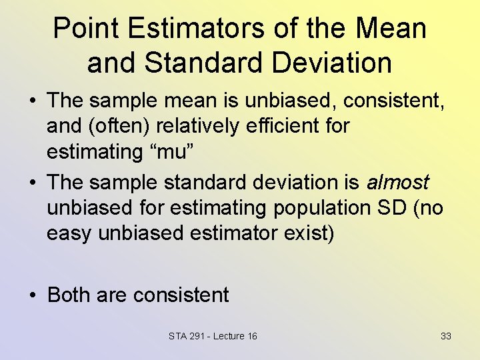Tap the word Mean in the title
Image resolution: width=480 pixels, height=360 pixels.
pos(391,29)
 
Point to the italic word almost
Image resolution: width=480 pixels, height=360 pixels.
pos(397,183)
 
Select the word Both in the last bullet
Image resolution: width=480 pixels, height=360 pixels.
pos(69,295)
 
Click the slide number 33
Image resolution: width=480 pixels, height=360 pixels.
pos(446,336)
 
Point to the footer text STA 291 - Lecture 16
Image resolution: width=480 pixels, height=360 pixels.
pos(213,336)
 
